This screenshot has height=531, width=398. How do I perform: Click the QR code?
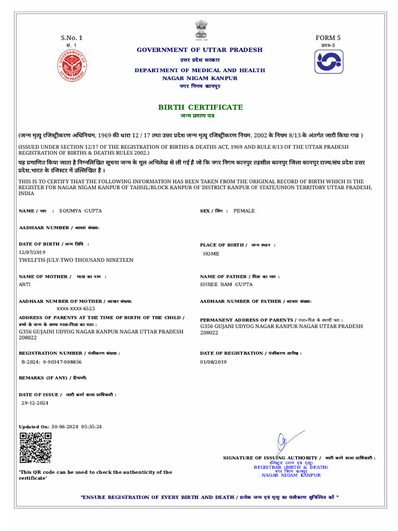pyautogui.click(x=35, y=448)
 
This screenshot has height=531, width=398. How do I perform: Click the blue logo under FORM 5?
pyautogui.click(x=329, y=62)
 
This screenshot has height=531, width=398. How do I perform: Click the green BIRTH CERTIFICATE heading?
pyautogui.click(x=200, y=107)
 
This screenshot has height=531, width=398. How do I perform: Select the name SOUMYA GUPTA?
pyautogui.click(x=80, y=211)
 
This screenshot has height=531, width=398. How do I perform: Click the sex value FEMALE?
pyautogui.click(x=244, y=211)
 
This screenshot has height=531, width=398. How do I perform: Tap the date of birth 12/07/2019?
pyautogui.click(x=32, y=252)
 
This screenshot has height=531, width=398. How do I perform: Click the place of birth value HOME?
pyautogui.click(x=211, y=254)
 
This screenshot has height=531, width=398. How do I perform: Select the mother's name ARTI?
pyautogui.click(x=25, y=285)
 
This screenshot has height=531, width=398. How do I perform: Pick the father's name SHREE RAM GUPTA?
pyautogui.click(x=226, y=285)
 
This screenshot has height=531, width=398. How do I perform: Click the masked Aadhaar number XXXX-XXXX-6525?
pyautogui.click(x=76, y=308)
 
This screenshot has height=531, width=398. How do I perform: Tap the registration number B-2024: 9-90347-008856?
pyautogui.click(x=51, y=361)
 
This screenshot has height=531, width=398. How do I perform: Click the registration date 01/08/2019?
pyautogui.click(x=214, y=361)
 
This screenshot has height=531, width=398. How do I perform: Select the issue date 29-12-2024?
pyautogui.click(x=35, y=402)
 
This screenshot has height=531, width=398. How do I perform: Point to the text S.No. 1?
pyautogui.click(x=72, y=38)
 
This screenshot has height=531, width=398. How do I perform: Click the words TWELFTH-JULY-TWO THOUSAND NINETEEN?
pyautogui.click(x=76, y=260)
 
